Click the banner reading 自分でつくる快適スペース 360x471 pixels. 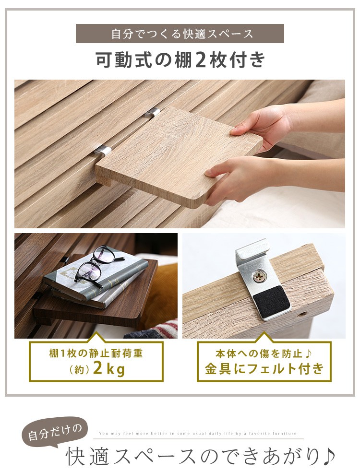[x=180, y=34]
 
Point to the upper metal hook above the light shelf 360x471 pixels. [x=152, y=113]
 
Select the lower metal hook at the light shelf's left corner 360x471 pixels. [x=103, y=149]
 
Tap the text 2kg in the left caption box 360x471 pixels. [x=109, y=368]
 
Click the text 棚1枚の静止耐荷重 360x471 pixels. [x=96, y=353]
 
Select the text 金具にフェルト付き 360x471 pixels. [x=264, y=368]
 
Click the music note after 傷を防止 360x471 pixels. [x=308, y=353]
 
